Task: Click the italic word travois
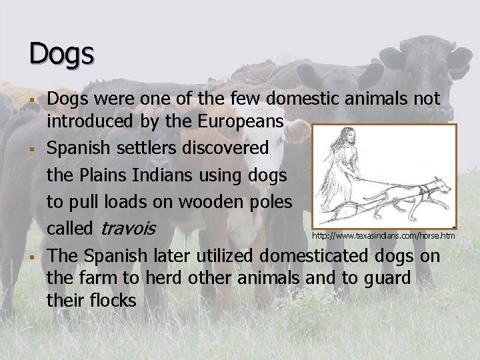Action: (x=128, y=228)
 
